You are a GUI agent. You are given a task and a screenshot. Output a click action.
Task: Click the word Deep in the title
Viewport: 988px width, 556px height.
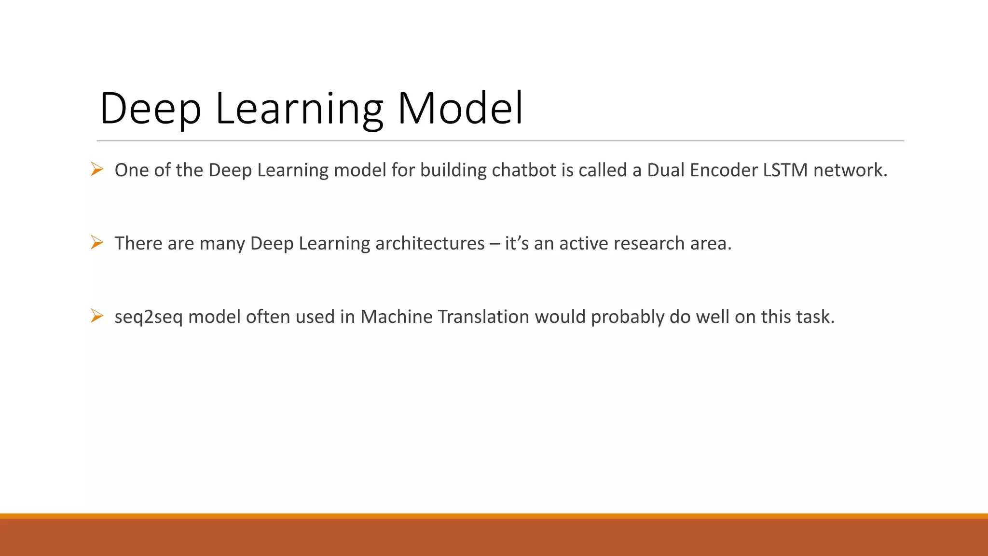(x=150, y=109)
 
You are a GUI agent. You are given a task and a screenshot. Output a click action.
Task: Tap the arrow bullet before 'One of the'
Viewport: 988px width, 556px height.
(x=97, y=169)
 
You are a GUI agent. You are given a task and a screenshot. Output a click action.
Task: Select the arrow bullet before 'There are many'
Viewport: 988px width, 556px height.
(x=97, y=242)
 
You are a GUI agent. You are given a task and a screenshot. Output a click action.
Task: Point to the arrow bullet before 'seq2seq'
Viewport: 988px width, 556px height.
(x=97, y=316)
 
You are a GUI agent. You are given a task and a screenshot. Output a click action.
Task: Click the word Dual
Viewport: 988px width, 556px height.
(x=666, y=170)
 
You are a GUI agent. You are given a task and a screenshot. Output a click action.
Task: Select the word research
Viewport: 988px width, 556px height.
(x=649, y=244)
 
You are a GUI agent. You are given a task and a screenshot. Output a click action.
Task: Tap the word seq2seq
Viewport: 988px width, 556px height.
(x=149, y=318)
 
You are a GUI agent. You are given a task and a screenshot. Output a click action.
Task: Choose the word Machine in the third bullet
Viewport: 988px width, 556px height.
(x=397, y=317)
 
